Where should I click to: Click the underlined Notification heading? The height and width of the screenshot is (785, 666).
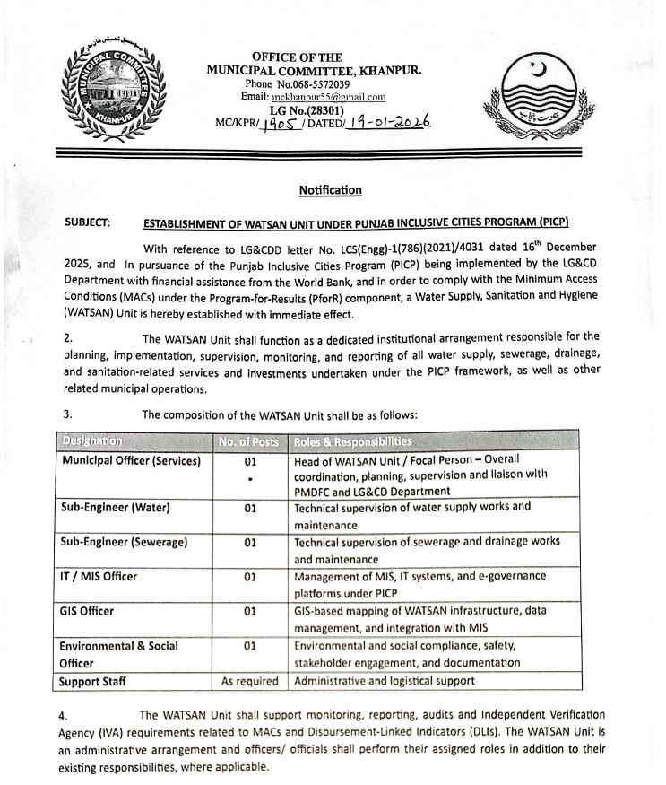point(331,190)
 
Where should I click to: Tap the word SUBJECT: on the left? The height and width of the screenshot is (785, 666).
point(88,222)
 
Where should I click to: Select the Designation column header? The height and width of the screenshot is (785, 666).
point(93,441)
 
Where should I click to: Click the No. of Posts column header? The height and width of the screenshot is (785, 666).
point(250,441)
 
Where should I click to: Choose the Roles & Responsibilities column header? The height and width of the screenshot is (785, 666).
point(353,441)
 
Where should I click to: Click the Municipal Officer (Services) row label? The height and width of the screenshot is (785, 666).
point(131,460)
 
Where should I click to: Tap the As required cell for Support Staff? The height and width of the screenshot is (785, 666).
point(250,681)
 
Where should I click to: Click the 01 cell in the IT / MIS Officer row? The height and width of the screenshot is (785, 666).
point(250,576)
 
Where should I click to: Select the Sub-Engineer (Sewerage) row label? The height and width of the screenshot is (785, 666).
point(125,542)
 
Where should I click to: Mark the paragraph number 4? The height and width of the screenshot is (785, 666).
point(62,715)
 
